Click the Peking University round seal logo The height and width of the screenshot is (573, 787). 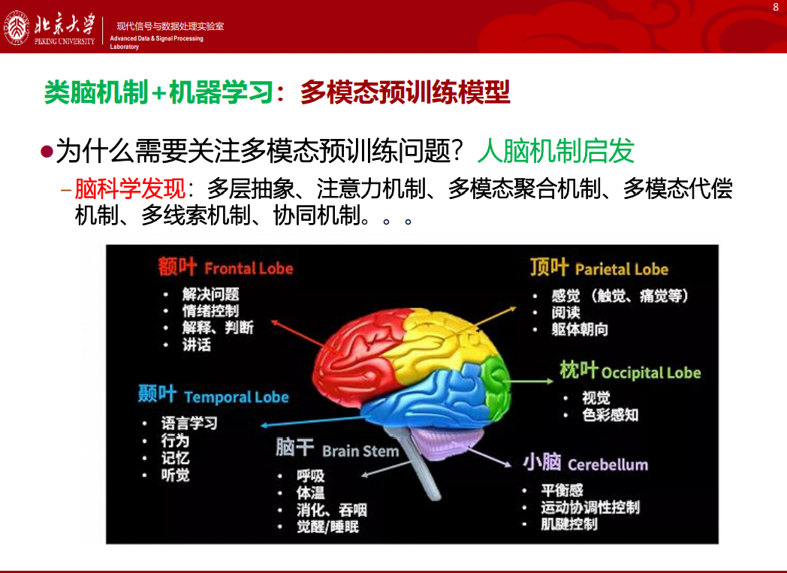point(17,28)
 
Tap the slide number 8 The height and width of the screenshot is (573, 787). point(776,8)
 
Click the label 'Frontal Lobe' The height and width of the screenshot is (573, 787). point(249,268)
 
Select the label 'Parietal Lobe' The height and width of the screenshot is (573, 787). point(621,270)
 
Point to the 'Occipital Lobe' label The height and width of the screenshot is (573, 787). point(651,372)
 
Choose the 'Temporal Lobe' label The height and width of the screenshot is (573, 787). point(237,397)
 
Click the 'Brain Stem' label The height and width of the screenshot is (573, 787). point(360,451)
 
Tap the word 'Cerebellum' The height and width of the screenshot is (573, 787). point(608,465)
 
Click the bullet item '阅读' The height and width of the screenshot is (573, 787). point(565,312)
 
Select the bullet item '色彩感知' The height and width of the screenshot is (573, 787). point(611,415)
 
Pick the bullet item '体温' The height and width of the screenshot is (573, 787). point(310,493)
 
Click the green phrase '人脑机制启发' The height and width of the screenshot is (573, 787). point(556,150)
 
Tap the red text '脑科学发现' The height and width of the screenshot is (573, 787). point(130,189)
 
